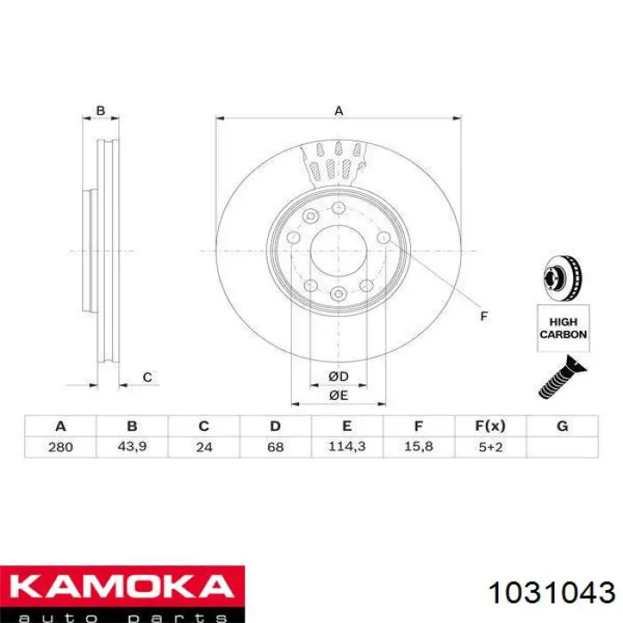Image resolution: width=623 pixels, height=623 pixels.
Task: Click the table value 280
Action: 61,446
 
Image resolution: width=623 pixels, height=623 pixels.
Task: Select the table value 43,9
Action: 132,446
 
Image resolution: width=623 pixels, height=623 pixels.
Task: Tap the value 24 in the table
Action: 204,446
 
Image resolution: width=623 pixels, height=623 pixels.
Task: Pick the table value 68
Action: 275,446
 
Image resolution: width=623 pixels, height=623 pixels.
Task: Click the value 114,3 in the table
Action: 346,446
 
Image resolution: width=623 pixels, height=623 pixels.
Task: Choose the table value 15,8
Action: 418,446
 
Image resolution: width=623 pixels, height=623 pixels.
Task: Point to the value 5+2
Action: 490,446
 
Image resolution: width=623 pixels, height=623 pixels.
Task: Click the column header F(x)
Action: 490,426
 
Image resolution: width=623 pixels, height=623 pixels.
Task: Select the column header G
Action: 562,426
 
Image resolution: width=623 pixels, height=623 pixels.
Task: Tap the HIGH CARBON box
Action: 562,328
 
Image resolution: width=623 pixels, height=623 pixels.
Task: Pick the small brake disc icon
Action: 562,279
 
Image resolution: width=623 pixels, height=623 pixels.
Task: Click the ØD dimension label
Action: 338,377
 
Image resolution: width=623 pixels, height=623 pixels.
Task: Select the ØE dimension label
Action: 338,394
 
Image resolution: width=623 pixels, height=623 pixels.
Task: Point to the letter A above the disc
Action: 338,111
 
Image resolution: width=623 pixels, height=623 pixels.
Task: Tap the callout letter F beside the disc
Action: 484,316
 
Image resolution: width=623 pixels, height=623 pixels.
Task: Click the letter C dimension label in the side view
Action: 147,377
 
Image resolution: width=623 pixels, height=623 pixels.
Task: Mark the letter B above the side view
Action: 101,111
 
